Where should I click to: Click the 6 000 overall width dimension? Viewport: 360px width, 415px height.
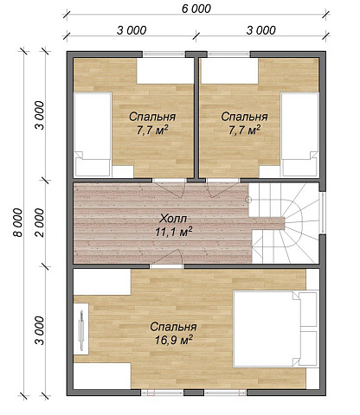pyautogui.click(x=196, y=9)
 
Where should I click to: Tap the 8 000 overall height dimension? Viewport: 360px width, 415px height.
pyautogui.click(x=18, y=222)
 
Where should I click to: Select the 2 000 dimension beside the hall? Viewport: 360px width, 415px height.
pyautogui.click(x=40, y=222)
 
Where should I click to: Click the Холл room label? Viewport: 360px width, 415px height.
pyautogui.click(x=173, y=219)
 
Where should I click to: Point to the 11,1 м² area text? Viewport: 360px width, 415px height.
pyautogui.click(x=174, y=232)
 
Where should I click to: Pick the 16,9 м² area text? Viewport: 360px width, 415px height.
pyautogui.click(x=174, y=341)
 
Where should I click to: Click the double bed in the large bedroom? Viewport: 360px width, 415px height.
pyautogui.click(x=275, y=329)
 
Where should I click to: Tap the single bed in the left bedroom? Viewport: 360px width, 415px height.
pyautogui.click(x=93, y=134)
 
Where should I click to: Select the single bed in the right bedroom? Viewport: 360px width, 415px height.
pyautogui.click(x=299, y=134)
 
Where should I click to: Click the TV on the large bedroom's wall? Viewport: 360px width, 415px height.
pyautogui.click(x=81, y=330)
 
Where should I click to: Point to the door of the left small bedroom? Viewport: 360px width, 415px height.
pyautogui.click(x=169, y=188)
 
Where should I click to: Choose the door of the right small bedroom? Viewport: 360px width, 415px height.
pyautogui.click(x=222, y=188)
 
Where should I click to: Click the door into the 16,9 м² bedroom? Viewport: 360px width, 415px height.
pyautogui.click(x=167, y=259)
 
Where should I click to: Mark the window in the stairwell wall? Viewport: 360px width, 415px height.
pyautogui.click(x=323, y=213)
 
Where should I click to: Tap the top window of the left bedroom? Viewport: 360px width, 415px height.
pyautogui.click(x=164, y=54)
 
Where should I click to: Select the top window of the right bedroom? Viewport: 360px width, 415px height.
pyautogui.click(x=228, y=54)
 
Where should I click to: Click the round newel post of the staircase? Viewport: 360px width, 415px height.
pyautogui.click(x=248, y=200)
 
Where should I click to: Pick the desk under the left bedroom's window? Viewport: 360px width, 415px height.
pyautogui.click(x=164, y=71)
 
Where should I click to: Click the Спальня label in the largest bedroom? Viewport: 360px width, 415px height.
pyautogui.click(x=173, y=327)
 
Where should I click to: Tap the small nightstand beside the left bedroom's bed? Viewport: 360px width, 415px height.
pyautogui.click(x=123, y=171)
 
